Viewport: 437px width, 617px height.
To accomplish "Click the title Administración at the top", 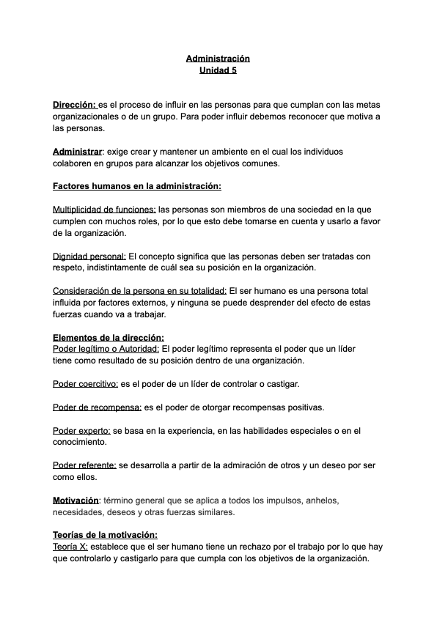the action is pos(218,58).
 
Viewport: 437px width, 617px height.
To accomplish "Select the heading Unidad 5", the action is pos(218,70).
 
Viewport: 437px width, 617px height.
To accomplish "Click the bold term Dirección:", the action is pos(75,105).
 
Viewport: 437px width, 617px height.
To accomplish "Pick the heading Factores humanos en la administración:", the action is pos(137,187).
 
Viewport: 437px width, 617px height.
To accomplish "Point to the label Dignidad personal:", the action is pos(89,256).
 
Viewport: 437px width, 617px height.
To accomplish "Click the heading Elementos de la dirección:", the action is pos(109,338).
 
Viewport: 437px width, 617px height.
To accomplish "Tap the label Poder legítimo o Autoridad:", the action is pos(106,350).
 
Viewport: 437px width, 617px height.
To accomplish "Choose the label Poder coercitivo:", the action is pos(85,384).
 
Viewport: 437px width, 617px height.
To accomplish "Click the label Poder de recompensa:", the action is pos(97,407).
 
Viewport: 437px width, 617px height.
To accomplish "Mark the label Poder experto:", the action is pos(81,431).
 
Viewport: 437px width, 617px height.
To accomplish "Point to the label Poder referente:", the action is pos(84,465).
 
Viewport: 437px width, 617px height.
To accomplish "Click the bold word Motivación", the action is pos(76,500).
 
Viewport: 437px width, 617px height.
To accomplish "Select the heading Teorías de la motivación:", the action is pos(105,535).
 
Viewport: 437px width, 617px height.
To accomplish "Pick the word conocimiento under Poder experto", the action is pos(80,443).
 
